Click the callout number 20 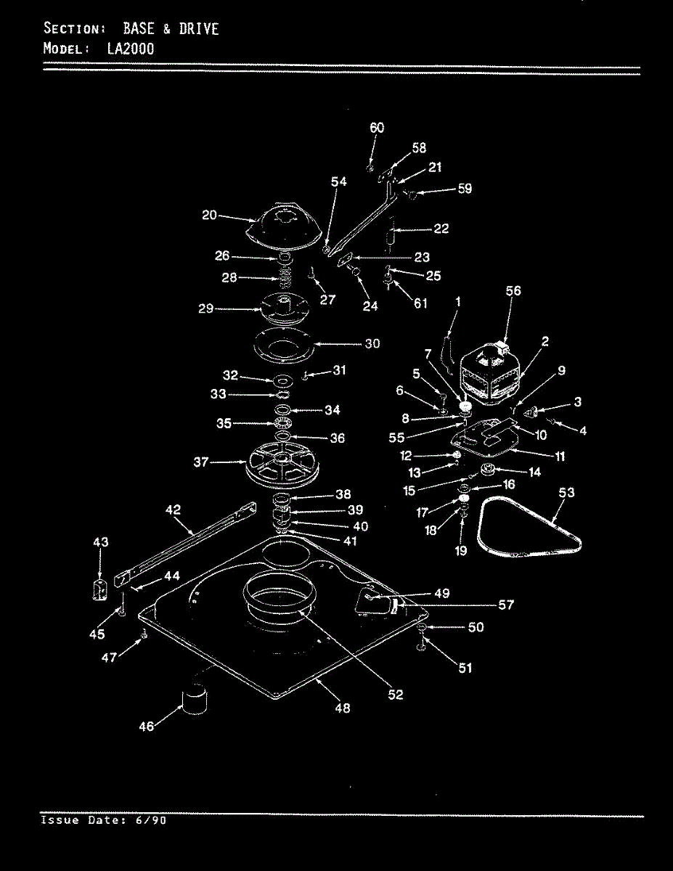210,215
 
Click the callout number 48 343,708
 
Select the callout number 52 395,695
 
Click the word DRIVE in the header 199,29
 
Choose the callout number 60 377,128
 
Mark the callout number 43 101,542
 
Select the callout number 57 506,605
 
